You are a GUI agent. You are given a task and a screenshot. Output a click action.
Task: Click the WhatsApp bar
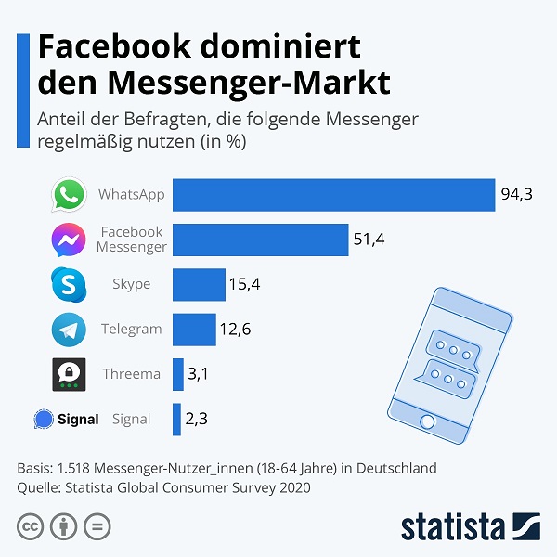pos(333,195)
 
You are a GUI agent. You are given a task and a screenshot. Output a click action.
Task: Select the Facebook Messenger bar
pos(260,240)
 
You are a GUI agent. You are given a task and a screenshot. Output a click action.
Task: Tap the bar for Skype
pos(199,284)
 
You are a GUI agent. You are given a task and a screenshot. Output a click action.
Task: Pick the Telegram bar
pos(194,330)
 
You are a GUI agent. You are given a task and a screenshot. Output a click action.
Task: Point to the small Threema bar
pos(177,374)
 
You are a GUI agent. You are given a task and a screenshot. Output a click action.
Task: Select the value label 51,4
pos(369,240)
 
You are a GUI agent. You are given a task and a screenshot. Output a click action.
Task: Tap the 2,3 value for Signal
pos(197,420)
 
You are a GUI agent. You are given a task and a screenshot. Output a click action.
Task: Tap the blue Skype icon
pos(69,284)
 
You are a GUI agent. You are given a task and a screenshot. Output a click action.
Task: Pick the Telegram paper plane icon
pos(69,330)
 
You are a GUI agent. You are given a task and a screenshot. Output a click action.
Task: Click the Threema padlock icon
pos(69,374)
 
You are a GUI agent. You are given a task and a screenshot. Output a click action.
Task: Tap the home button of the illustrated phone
pos(427,421)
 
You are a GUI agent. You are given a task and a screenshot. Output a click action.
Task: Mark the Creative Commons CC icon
pos(31,526)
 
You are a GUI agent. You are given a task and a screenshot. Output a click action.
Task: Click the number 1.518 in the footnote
pos(75,467)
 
